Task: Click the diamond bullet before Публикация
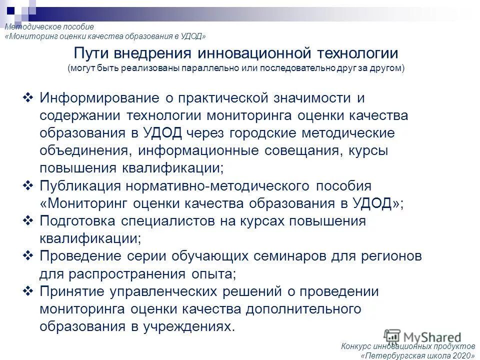pos(28,185)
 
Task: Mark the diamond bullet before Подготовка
pos(28,220)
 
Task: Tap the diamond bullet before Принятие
pos(28,291)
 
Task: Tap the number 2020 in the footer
pos(461,355)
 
